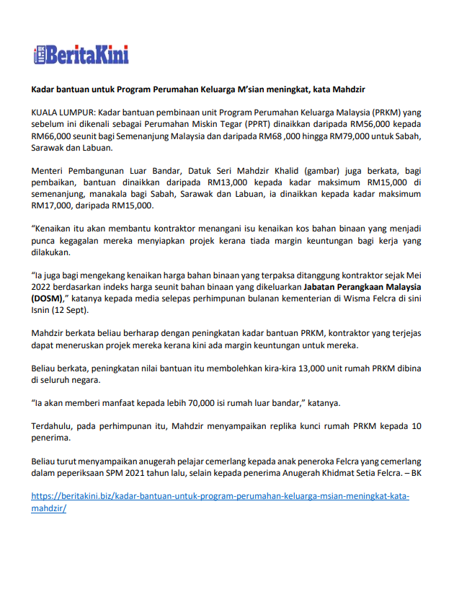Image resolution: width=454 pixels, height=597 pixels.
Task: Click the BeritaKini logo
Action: (81, 55)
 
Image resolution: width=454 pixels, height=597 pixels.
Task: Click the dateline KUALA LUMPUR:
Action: (63, 113)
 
